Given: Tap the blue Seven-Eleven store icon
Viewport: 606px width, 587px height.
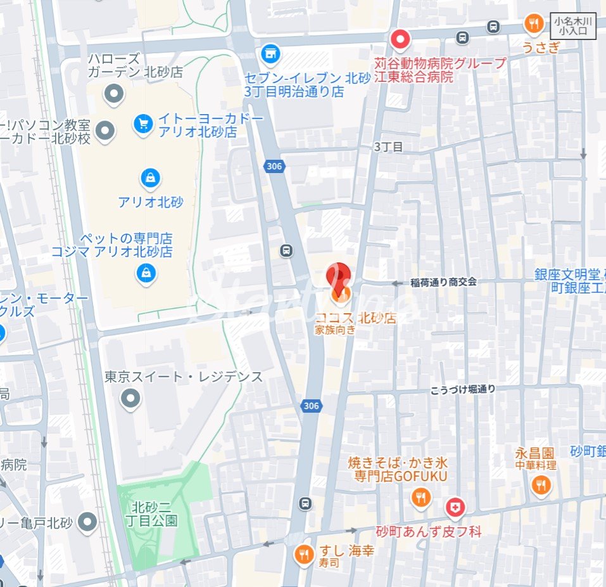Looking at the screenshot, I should [x=270, y=54].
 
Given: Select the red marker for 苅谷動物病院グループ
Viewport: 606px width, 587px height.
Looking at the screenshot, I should [x=400, y=41].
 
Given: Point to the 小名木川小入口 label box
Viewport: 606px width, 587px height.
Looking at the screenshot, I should [x=572, y=27].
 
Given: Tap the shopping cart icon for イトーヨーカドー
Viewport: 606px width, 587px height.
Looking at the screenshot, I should [x=144, y=124].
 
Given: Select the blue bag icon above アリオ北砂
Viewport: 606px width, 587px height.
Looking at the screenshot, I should [x=150, y=179].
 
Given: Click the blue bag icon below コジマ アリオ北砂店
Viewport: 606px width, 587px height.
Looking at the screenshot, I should [x=146, y=274].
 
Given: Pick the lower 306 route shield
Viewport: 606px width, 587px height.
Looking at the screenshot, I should [x=311, y=406].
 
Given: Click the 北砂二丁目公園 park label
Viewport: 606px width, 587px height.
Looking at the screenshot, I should [x=155, y=514].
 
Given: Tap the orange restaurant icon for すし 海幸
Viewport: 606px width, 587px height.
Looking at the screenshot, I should [x=305, y=555].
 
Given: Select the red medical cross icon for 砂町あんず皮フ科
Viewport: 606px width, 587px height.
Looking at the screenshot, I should [x=454, y=507].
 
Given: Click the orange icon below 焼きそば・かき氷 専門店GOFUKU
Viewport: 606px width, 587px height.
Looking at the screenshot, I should [x=420, y=498].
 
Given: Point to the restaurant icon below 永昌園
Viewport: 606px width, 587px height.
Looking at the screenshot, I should [x=541, y=486].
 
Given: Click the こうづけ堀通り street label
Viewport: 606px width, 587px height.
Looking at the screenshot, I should [x=463, y=389].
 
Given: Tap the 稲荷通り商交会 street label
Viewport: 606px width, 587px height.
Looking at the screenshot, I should [x=443, y=282].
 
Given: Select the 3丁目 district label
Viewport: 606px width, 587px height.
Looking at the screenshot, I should [x=388, y=146].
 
